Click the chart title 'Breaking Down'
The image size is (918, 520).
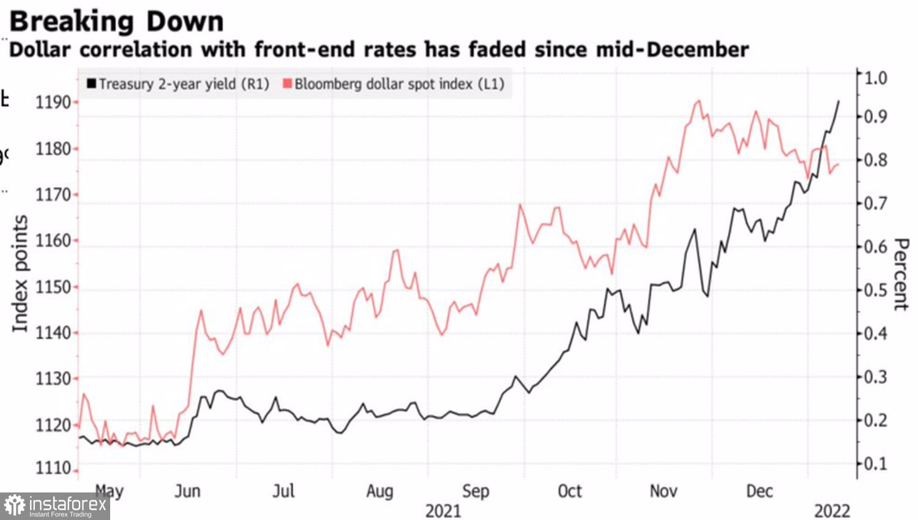click(116, 21)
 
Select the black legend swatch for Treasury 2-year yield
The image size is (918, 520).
click(91, 84)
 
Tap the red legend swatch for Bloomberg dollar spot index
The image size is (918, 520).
click(287, 84)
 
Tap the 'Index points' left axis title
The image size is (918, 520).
click(20, 273)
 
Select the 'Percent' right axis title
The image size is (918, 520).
click(901, 274)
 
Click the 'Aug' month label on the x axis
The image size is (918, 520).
click(379, 491)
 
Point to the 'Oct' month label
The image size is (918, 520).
click(570, 491)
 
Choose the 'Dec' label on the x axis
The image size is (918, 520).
click(759, 491)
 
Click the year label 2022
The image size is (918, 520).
click(832, 511)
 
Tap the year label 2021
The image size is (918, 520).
click(443, 511)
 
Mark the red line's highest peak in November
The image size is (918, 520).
click(698, 101)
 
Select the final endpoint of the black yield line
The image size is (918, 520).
click(838, 102)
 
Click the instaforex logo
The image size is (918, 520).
click(55, 506)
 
